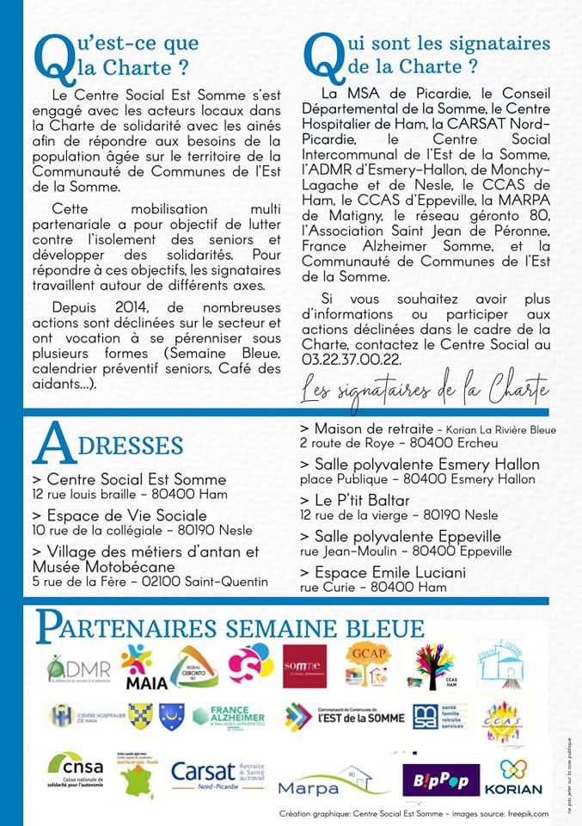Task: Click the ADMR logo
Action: coord(79,669)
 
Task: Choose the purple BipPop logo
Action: coord(441,780)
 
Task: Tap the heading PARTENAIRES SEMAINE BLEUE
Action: coord(230,628)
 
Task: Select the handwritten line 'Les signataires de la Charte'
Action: coord(425,390)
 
